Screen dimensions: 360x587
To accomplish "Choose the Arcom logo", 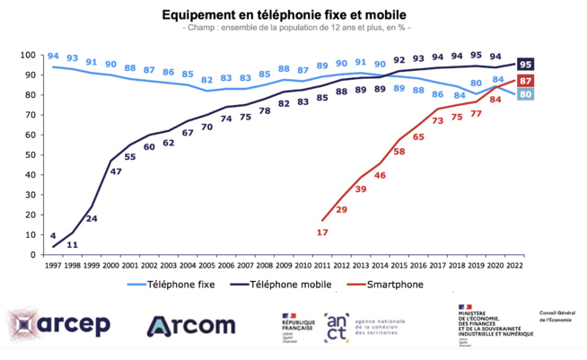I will (191, 324).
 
